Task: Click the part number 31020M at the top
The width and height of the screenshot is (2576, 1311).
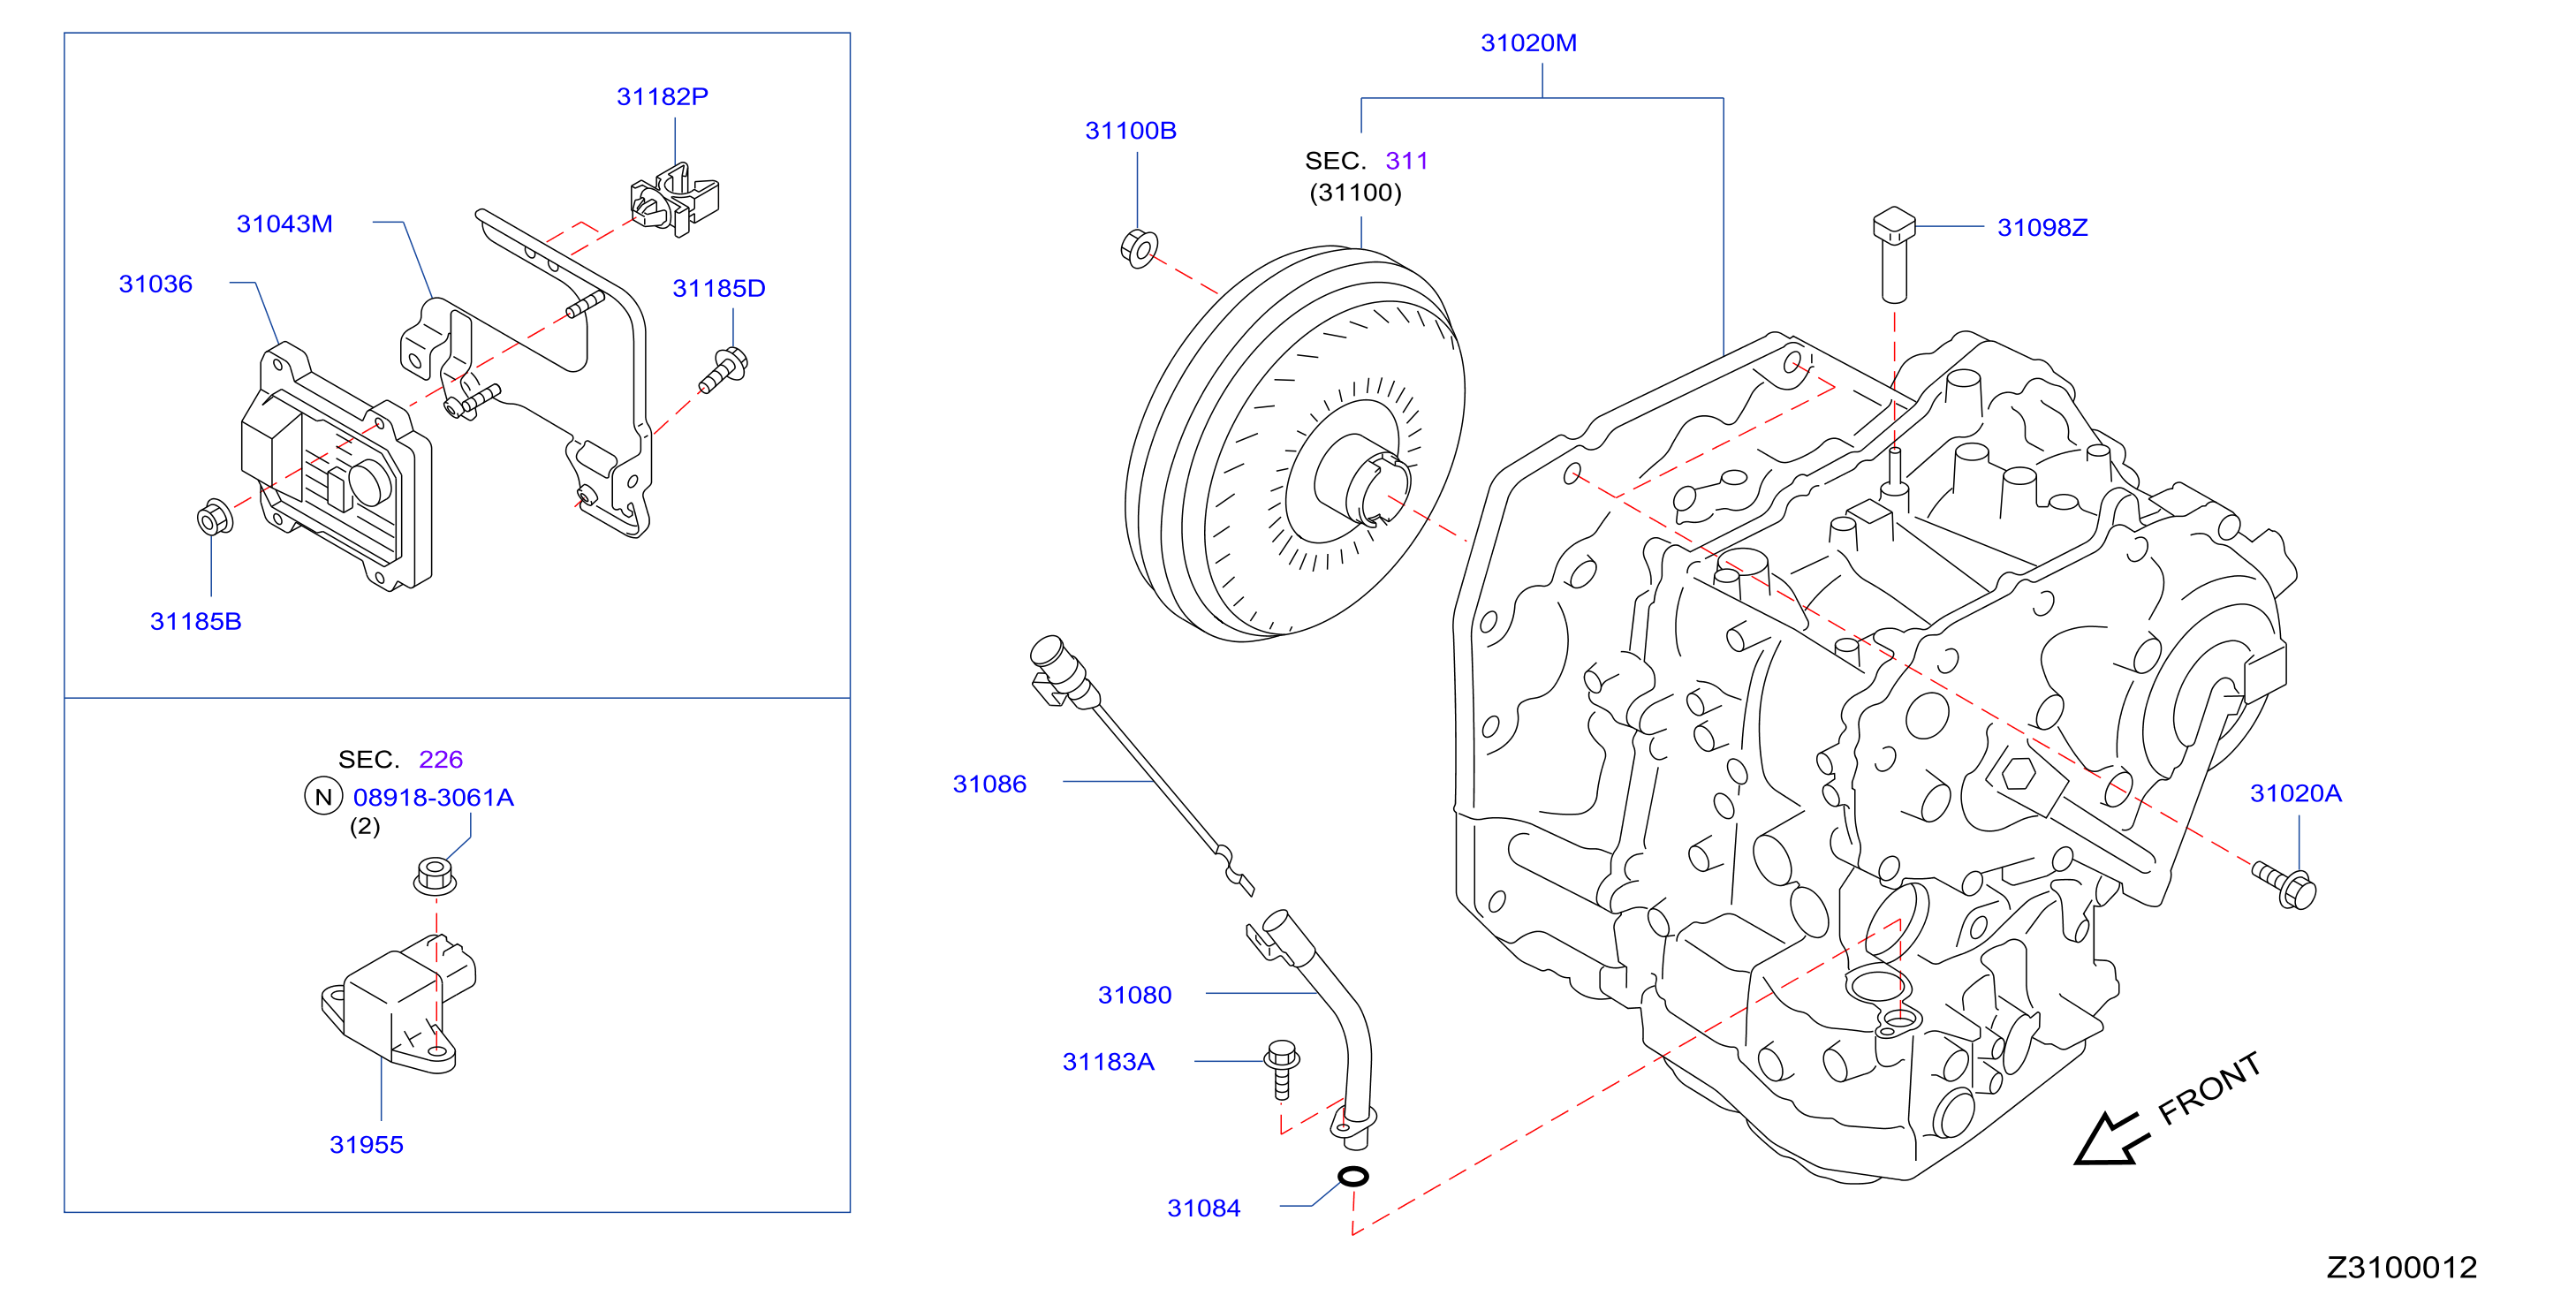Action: [1528, 43]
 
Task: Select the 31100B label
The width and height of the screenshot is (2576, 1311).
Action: [1130, 131]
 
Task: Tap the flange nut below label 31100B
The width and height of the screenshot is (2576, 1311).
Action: [1139, 248]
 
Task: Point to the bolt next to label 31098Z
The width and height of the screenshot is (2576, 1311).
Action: [1893, 254]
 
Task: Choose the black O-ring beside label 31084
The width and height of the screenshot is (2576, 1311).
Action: [1353, 1176]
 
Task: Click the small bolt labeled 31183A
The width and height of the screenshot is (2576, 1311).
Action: [1281, 1069]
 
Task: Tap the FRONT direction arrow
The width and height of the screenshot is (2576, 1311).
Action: [2109, 1139]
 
